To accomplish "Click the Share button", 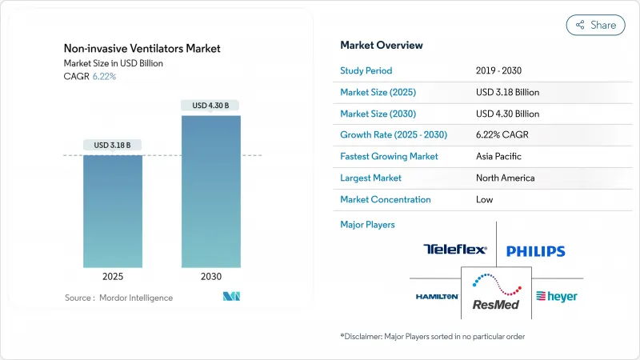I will coord(596,25).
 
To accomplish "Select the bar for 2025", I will coord(113,211).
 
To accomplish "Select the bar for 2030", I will coord(210,191).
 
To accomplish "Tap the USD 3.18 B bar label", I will coord(113,145).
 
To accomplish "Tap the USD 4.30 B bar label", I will coord(210,106).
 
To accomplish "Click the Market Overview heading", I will coord(382,46).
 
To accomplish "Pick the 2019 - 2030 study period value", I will coord(502,70).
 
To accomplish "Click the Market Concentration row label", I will coord(386,199).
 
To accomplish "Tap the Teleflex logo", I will coord(454,250).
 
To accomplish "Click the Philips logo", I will coord(535,251).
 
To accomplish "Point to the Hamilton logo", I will coord(437,296).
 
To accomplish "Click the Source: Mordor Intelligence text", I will coord(118,298).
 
